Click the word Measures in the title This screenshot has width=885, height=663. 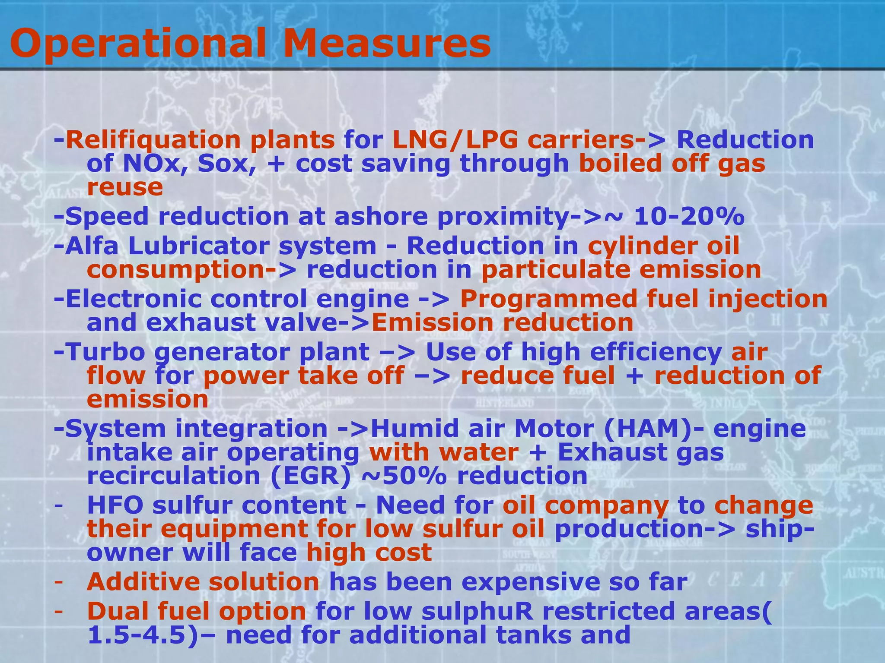(386, 43)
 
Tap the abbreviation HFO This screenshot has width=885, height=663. (115, 505)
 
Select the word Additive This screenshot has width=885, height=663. (143, 582)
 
